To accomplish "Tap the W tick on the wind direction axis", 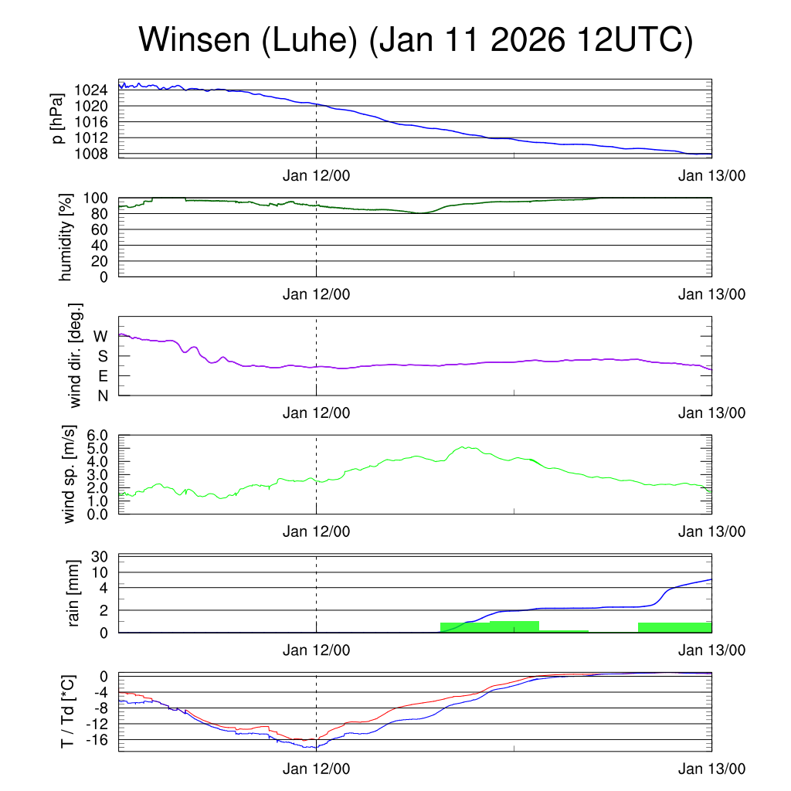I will pyautogui.click(x=100, y=336).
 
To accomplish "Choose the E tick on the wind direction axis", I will pyautogui.click(x=102, y=376).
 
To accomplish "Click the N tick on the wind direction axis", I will pyautogui.click(x=102, y=396).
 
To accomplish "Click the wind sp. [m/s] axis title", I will pyautogui.click(x=70, y=475).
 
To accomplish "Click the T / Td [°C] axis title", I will pyautogui.click(x=67, y=712).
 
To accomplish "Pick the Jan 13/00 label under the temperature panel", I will pyautogui.click(x=711, y=769).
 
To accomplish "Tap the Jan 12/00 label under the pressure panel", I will pyautogui.click(x=316, y=175).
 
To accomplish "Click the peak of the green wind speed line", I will pyautogui.click(x=464, y=446).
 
